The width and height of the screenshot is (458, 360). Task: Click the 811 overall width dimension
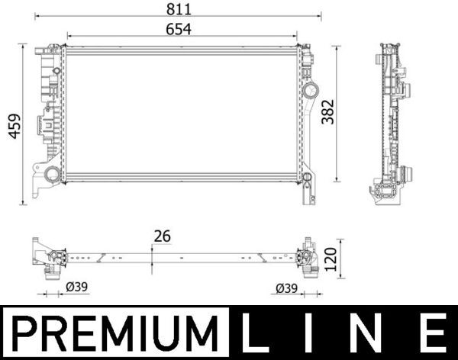click(179, 9)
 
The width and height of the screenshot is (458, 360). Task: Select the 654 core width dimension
click(179, 30)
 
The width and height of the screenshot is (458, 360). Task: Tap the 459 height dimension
click(15, 126)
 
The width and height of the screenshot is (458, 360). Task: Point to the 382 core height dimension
click(327, 112)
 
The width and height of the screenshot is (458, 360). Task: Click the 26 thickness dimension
click(163, 236)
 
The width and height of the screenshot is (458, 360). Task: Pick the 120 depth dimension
click(331, 259)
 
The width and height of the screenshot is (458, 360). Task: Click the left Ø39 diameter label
click(77, 287)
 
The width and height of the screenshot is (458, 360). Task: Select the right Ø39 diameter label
click(286, 288)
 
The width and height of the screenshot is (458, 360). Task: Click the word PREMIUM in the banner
click(115, 333)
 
